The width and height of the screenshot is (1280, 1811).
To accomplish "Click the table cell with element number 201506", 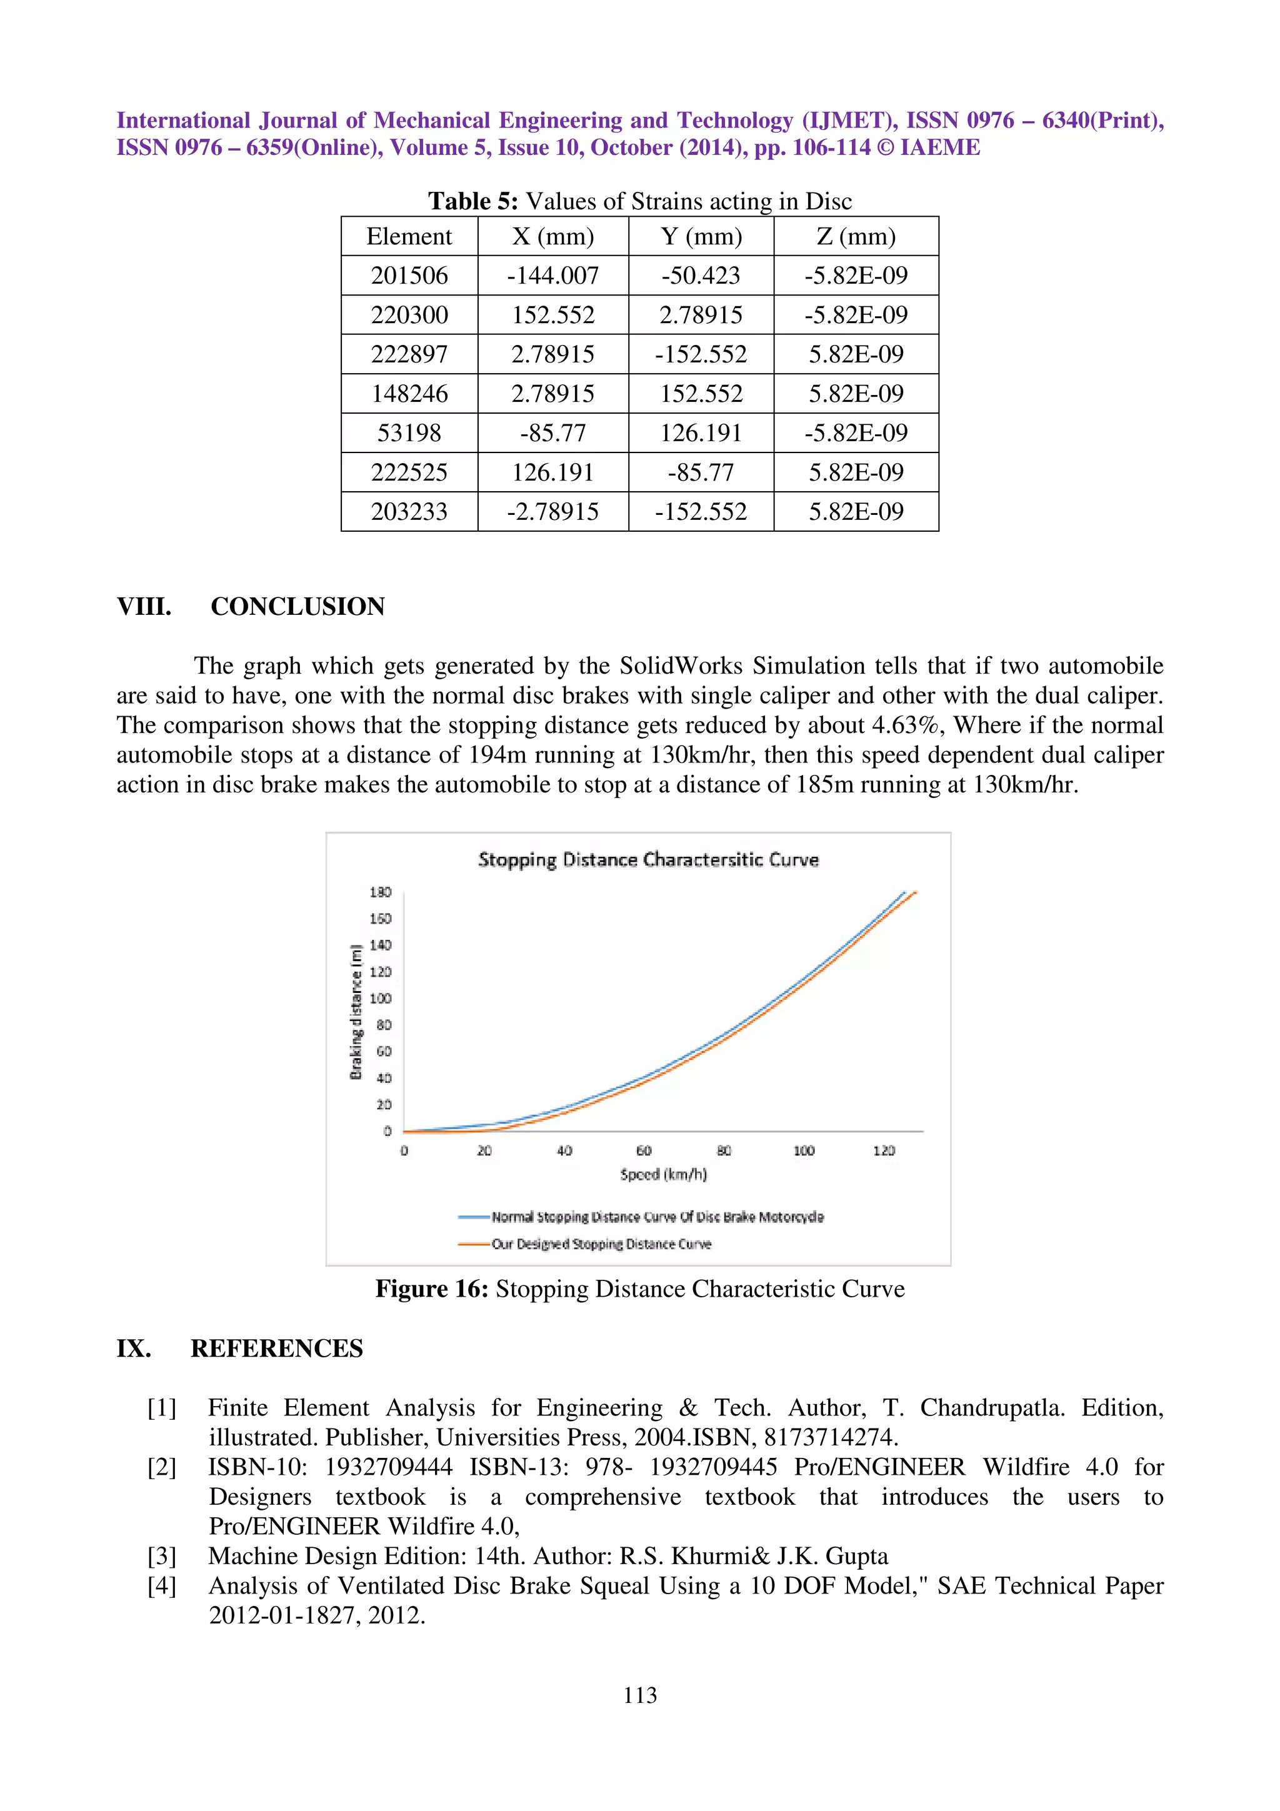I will pyautogui.click(x=409, y=276).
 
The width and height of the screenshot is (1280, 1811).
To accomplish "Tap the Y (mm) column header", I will pyautogui.click(x=701, y=236).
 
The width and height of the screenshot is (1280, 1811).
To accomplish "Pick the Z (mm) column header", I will pyautogui.click(x=856, y=236).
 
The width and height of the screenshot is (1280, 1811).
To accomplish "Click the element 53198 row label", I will pyautogui.click(x=409, y=432).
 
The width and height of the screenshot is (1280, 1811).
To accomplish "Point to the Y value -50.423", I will pyautogui.click(x=701, y=276).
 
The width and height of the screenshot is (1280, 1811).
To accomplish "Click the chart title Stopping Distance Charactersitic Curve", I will pyautogui.click(x=647, y=860).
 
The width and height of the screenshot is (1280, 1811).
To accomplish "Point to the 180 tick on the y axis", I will pyautogui.click(x=380, y=892).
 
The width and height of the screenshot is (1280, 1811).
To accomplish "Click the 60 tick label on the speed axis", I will pyautogui.click(x=644, y=1151).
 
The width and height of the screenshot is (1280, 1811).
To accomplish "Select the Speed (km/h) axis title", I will pyautogui.click(x=662, y=1174).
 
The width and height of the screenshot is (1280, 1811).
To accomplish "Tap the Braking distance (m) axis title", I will pyautogui.click(x=356, y=1011).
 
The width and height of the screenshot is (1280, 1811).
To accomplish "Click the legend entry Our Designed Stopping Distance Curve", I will pyautogui.click(x=601, y=1244).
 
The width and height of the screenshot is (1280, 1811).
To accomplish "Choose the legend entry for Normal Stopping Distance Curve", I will pyautogui.click(x=657, y=1217).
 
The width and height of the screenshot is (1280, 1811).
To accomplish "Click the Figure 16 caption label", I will pyautogui.click(x=431, y=1289).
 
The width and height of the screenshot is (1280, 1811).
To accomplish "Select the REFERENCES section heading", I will pyautogui.click(x=276, y=1348).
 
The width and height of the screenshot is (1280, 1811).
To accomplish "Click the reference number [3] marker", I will pyautogui.click(x=162, y=1556).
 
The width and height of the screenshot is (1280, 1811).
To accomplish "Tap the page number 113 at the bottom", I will pyautogui.click(x=639, y=1695).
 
